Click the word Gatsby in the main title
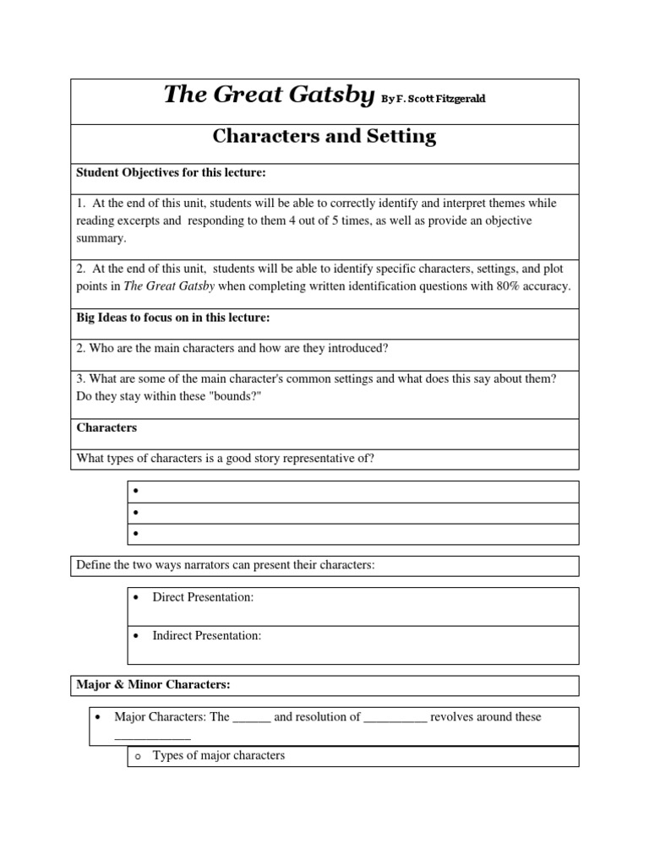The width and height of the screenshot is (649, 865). point(328,96)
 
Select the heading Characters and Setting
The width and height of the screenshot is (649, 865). point(324,137)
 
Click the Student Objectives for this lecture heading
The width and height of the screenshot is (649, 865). point(172,173)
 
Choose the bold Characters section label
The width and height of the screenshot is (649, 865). point(106,427)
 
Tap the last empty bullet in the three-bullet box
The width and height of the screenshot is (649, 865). point(134,534)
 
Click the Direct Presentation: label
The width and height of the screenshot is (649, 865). point(203,597)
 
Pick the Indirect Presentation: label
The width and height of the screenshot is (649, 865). point(207,636)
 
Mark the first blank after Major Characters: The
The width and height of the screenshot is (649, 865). point(251,717)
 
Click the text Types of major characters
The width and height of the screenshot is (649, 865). point(219,755)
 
